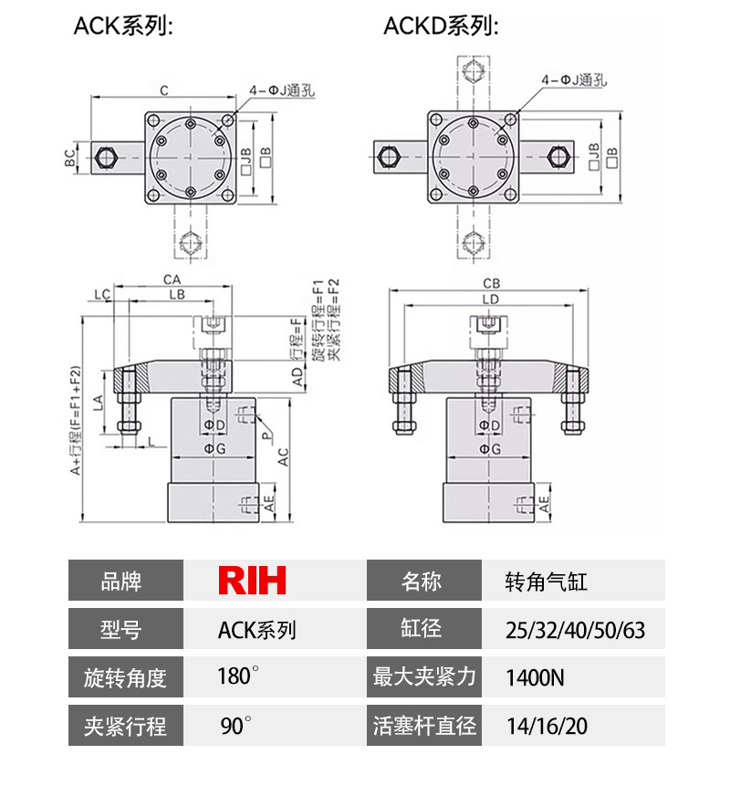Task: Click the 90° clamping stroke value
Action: point(235,728)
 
